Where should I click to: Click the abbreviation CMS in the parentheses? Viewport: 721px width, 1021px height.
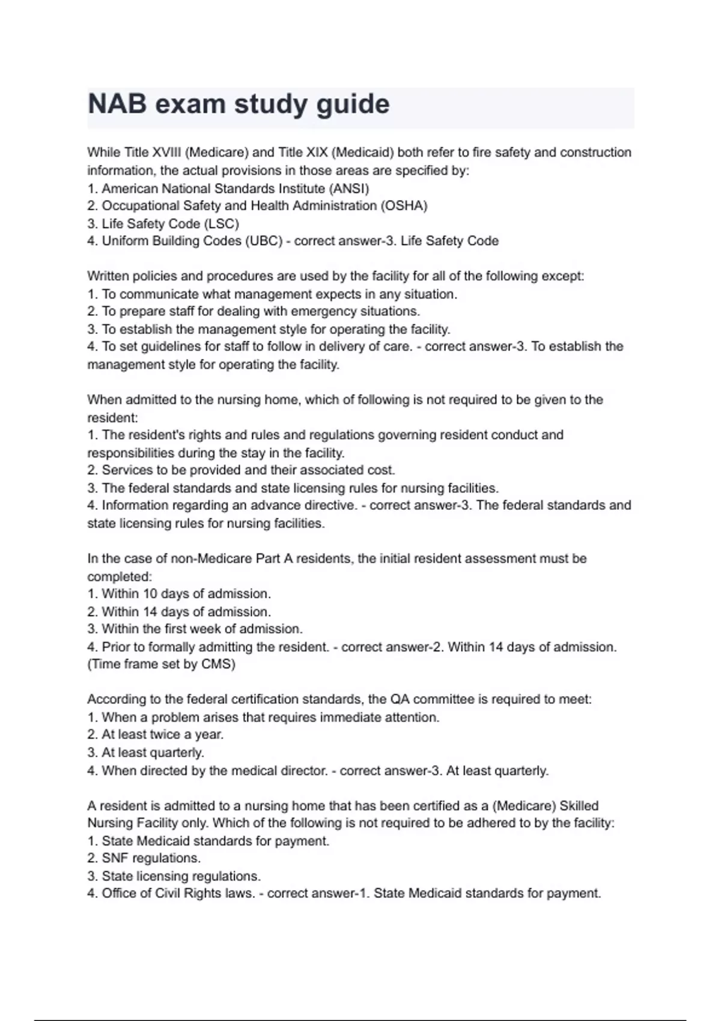[218, 664]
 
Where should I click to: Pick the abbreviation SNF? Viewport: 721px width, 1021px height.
[115, 858]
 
